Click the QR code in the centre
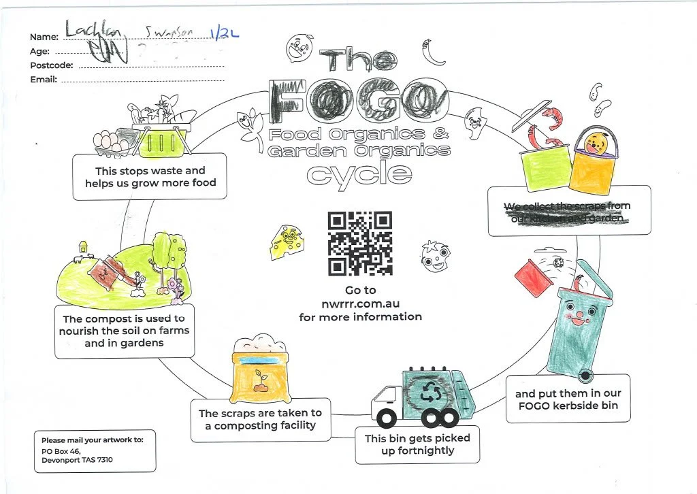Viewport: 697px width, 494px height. (x=360, y=243)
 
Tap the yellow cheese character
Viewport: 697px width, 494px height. (x=285, y=242)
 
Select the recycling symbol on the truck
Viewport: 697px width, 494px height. (x=430, y=391)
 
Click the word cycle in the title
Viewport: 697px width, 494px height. (x=359, y=174)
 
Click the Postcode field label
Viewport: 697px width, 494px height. (x=51, y=65)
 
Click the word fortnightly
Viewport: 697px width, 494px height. (x=416, y=450)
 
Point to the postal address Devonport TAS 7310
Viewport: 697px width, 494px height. (x=77, y=460)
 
